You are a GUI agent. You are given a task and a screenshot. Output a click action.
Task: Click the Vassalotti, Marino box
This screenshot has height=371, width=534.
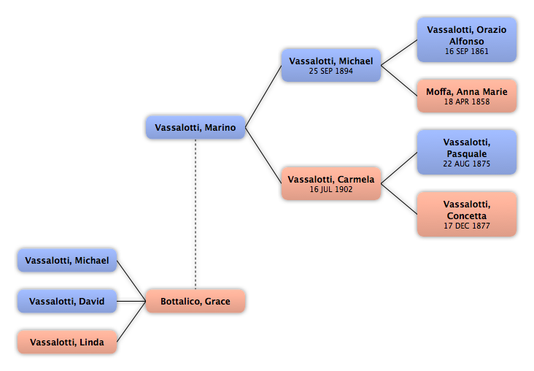pos(196,127)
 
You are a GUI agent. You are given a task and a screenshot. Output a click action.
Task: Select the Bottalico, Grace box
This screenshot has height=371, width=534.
pos(196,301)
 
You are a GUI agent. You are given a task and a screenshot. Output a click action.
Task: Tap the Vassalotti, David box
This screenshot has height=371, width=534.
pos(67,301)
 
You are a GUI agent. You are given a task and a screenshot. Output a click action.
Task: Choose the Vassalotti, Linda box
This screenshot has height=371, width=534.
pos(67,342)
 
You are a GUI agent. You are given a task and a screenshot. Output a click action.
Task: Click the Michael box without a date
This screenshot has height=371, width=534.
pos(67,260)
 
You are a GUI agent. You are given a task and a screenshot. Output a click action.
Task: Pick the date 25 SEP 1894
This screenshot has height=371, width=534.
pos(331,71)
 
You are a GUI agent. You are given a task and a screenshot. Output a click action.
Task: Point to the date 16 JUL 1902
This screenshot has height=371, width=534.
pos(331,189)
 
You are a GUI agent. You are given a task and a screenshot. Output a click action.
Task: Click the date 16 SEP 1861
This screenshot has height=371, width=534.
pos(467,51)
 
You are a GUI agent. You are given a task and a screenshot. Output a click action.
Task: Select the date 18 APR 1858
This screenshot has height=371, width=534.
pos(467,102)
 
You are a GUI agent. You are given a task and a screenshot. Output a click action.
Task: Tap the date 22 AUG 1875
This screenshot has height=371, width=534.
pos(467,164)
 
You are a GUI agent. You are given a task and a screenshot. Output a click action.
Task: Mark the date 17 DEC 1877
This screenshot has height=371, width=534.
pos(467,226)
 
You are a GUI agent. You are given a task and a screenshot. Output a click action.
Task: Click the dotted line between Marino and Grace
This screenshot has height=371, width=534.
pos(196,214)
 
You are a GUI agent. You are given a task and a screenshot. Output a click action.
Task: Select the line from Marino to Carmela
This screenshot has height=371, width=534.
pos(263,156)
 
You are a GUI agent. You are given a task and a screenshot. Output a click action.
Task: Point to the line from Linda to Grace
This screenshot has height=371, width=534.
pos(131,321)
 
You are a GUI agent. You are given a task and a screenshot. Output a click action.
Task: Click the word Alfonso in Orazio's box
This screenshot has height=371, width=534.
pos(467,41)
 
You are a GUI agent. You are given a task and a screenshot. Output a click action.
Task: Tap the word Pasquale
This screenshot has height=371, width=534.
pos(467,154)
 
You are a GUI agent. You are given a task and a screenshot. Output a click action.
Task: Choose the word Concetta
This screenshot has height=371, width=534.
pos(467,216)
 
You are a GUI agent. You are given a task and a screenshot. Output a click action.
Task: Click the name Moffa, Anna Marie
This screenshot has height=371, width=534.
pos(467,92)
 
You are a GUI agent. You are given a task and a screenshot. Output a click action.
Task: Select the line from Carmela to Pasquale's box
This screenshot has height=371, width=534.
pos(399,168)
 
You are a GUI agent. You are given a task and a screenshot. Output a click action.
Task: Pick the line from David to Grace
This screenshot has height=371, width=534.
pos(131,301)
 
